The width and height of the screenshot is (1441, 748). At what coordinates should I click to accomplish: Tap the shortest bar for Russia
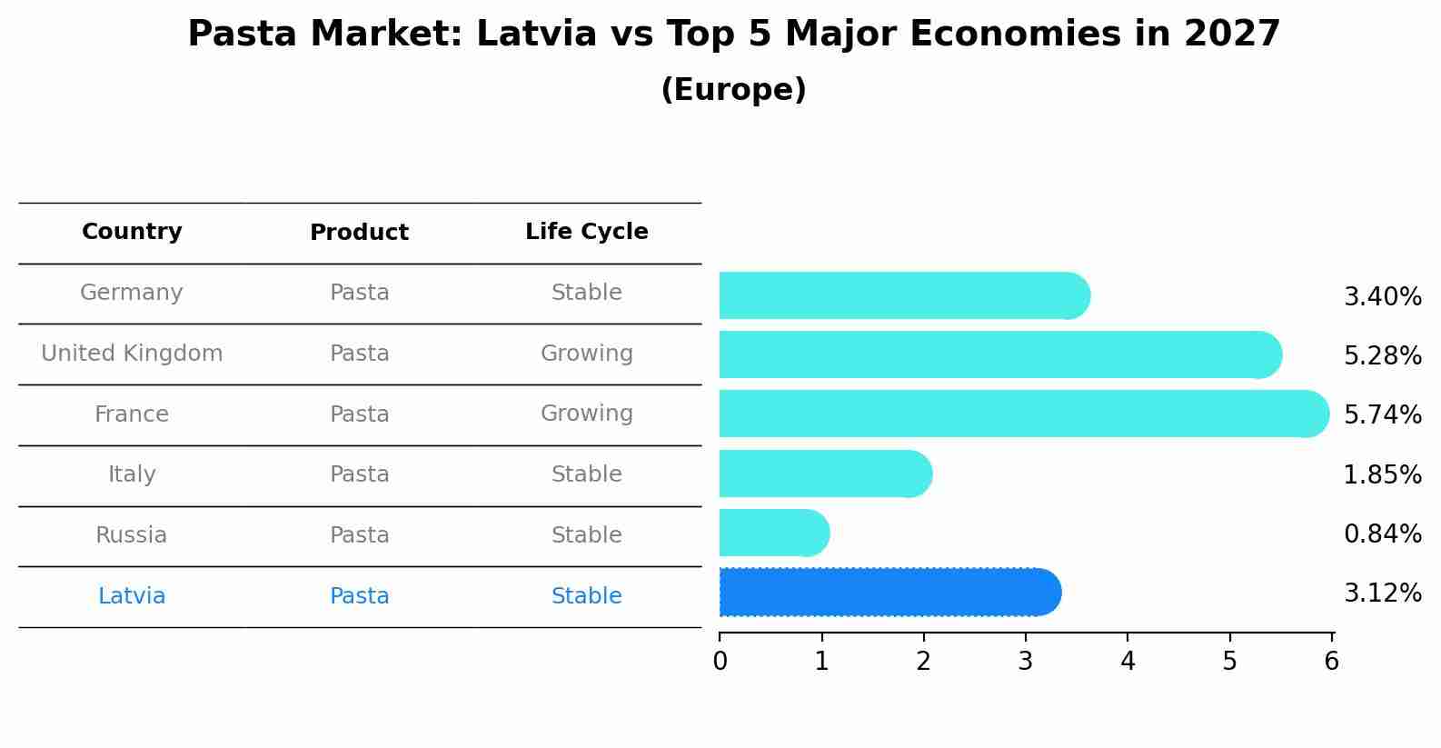[x=773, y=533]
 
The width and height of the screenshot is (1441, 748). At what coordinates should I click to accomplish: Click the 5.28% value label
[x=1382, y=355]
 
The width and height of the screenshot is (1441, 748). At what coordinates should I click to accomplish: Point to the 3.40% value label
[x=1382, y=296]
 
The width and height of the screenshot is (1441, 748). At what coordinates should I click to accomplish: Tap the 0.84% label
[x=1382, y=534]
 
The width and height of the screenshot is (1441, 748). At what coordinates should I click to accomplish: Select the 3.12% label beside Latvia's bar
[x=1382, y=593]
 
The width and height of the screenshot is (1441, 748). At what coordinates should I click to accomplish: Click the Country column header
[x=132, y=232]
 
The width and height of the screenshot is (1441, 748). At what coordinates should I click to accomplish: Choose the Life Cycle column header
[x=586, y=232]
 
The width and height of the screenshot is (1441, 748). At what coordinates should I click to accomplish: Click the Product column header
[x=359, y=233]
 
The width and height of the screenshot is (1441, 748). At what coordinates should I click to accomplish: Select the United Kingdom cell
[x=132, y=354]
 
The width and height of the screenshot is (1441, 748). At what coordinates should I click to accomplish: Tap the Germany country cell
[x=132, y=293]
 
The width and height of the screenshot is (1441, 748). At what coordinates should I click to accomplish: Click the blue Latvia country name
[x=132, y=596]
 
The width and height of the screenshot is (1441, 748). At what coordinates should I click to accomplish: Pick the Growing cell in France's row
[x=586, y=414]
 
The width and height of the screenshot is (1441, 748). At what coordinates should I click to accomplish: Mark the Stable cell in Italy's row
[x=586, y=474]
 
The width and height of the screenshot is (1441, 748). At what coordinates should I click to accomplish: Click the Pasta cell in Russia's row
[x=359, y=535]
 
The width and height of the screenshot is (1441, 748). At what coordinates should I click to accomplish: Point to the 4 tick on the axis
[x=1128, y=661]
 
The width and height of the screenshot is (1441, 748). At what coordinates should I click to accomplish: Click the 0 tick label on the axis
[x=720, y=661]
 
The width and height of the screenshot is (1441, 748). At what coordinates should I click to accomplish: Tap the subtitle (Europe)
[x=733, y=90]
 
